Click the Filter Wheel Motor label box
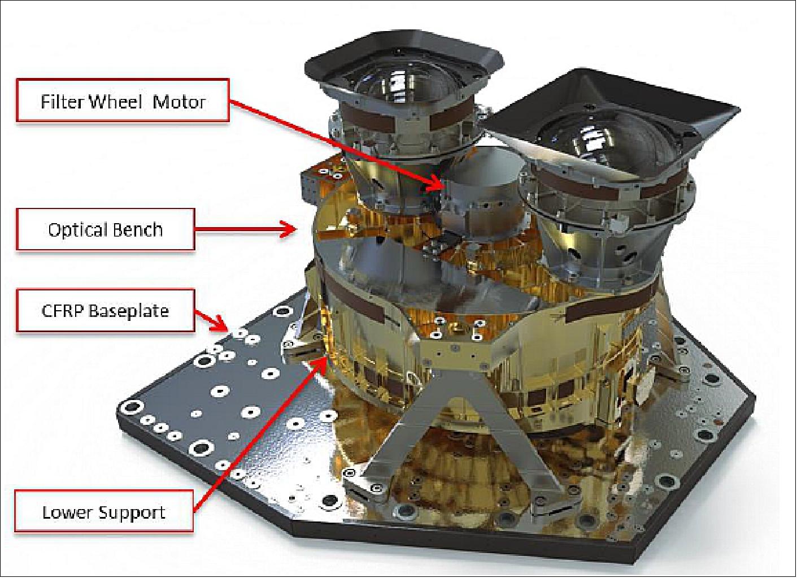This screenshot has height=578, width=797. pyautogui.click(x=123, y=100)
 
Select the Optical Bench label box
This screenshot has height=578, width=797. pyautogui.click(x=105, y=229)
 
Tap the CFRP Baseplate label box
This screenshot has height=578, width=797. pyautogui.click(x=105, y=311)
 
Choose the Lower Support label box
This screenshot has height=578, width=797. pyautogui.click(x=104, y=512)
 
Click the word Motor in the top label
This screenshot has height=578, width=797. pyautogui.click(x=179, y=102)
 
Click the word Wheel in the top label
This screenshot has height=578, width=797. pyautogui.click(x=114, y=102)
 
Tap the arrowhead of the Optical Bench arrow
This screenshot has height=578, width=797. pyautogui.click(x=290, y=228)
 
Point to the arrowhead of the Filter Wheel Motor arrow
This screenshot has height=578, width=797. pyautogui.click(x=437, y=185)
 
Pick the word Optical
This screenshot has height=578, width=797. pyautogui.click(x=76, y=229)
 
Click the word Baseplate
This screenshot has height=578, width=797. pyautogui.click(x=129, y=311)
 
